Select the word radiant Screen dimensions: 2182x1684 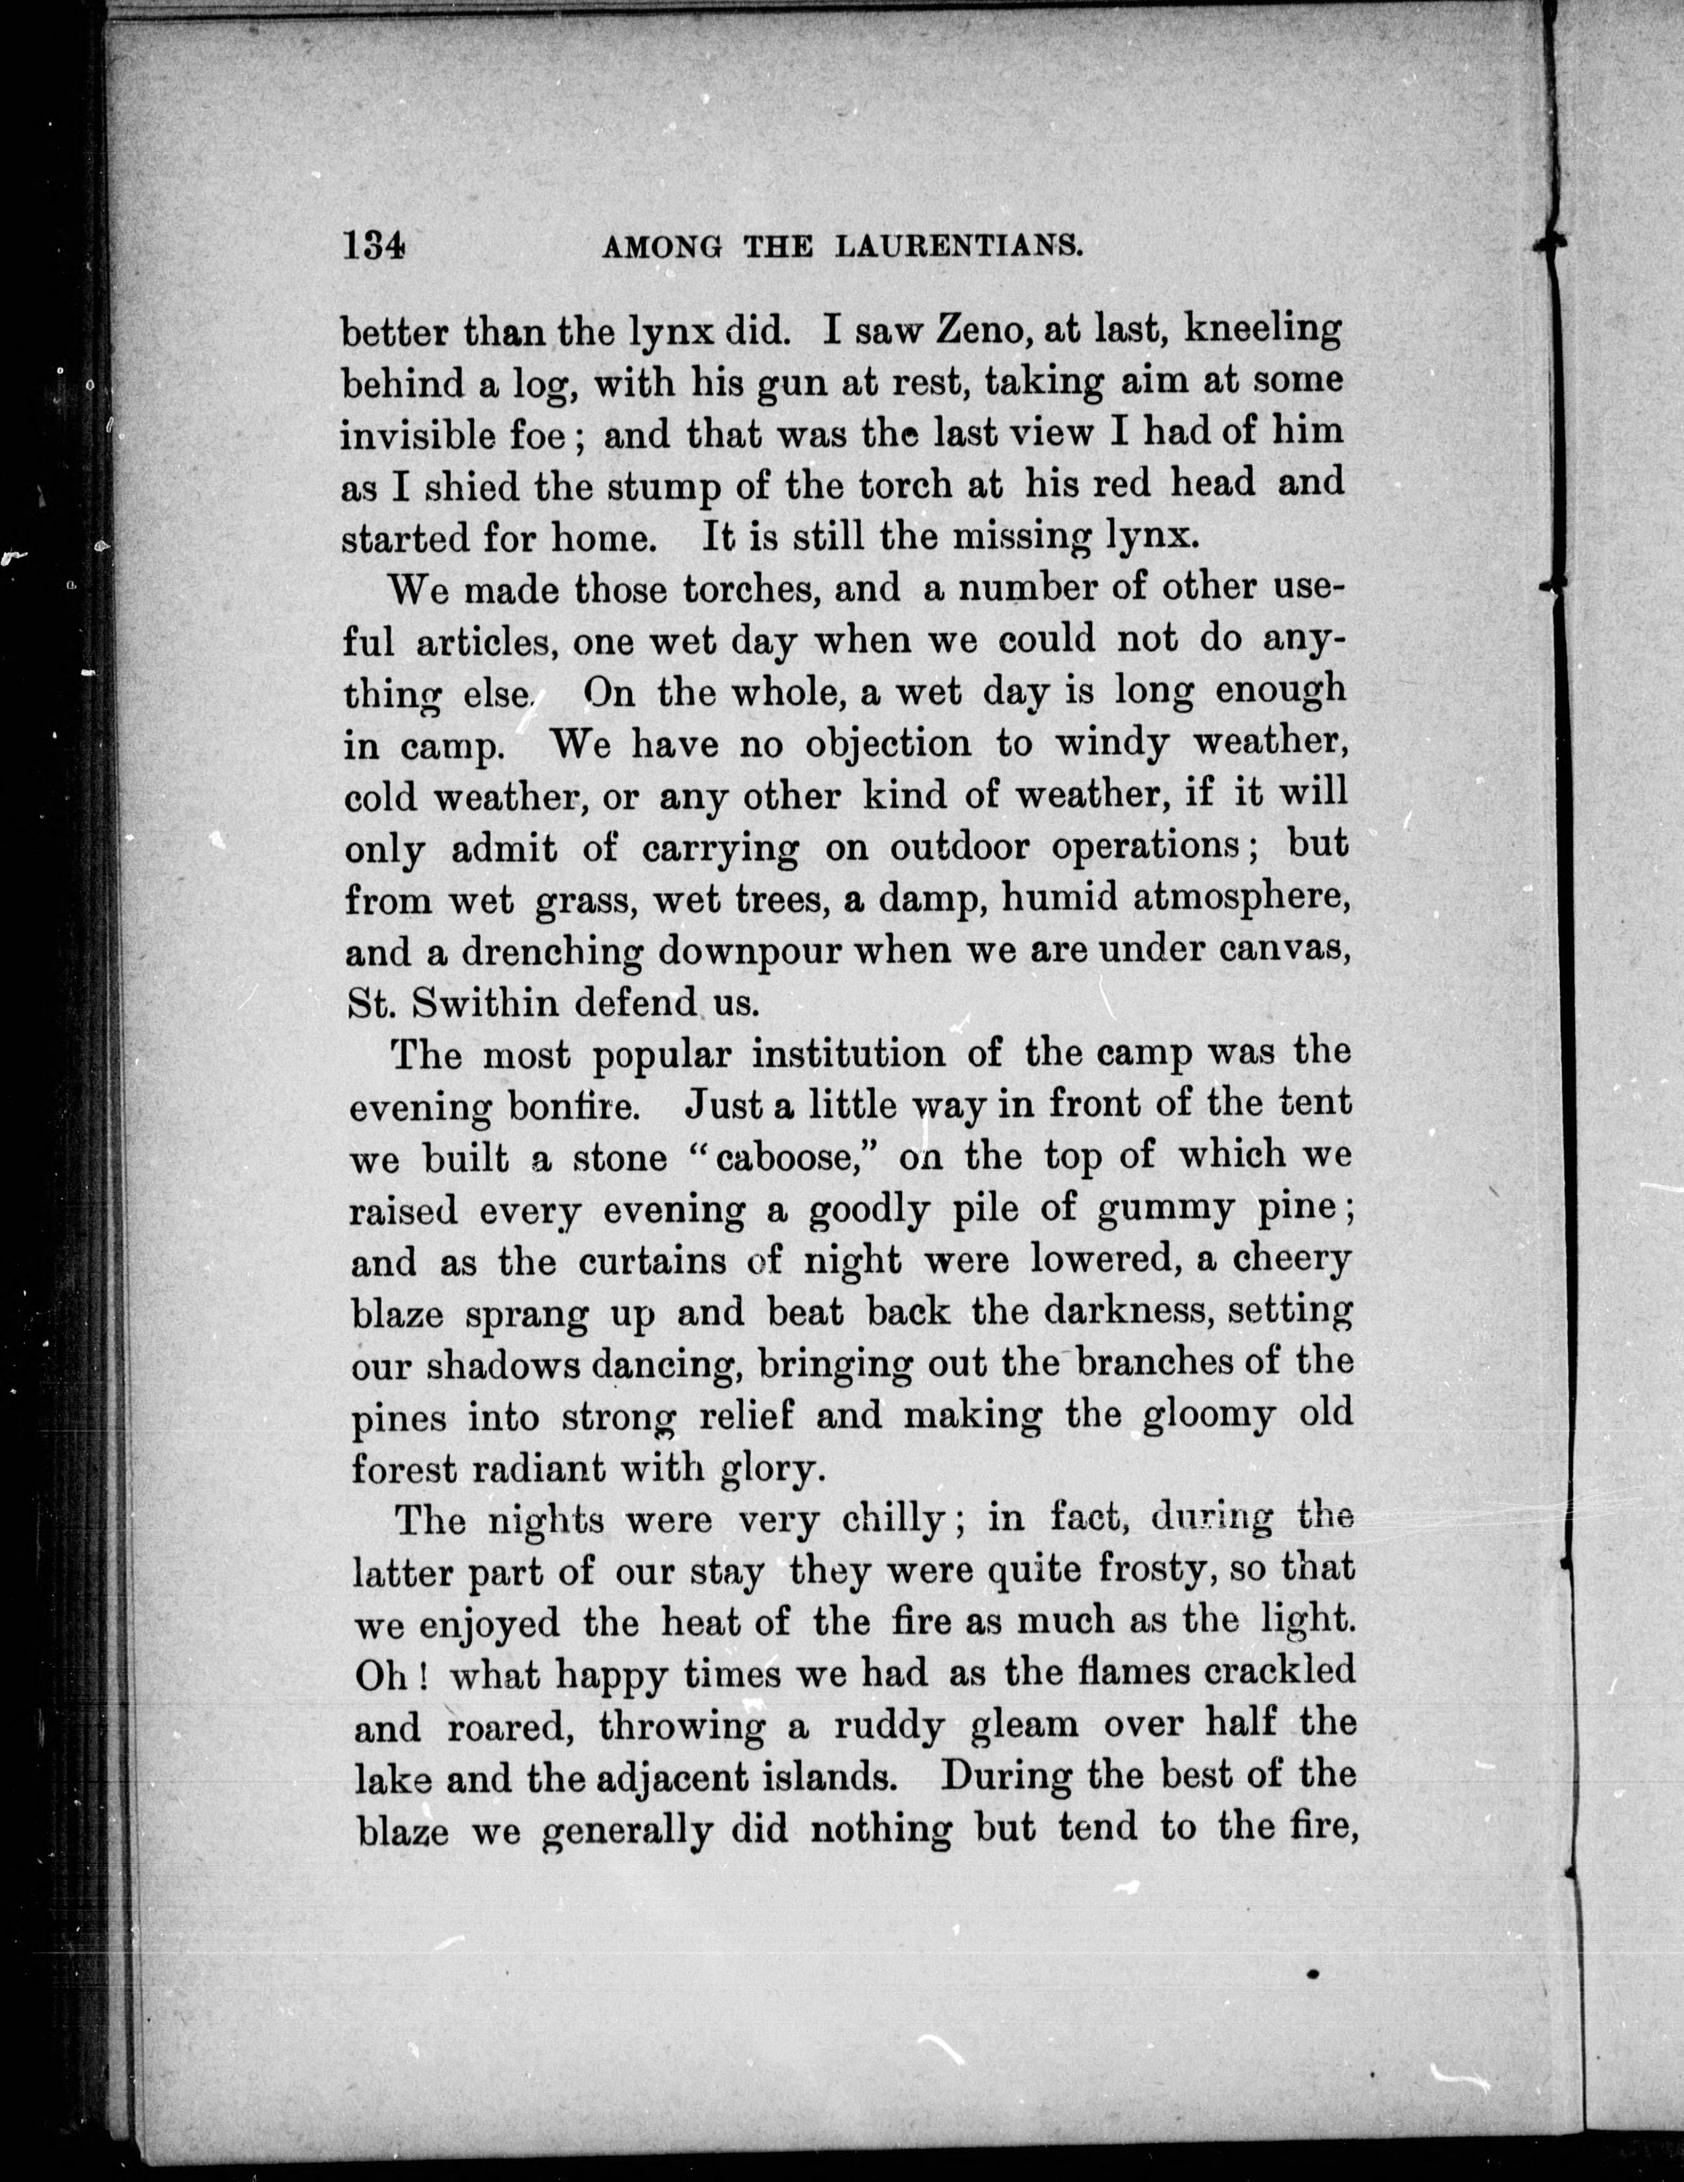pos(540,1469)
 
